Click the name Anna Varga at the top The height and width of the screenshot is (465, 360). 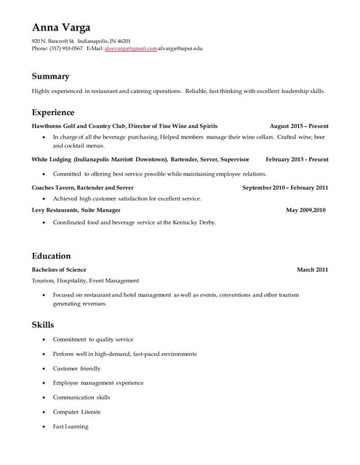pyautogui.click(x=61, y=28)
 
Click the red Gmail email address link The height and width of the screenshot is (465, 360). pyautogui.click(x=131, y=49)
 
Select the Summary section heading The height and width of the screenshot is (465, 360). pyautogui.click(x=50, y=76)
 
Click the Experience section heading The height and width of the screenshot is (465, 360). pyautogui.click(x=53, y=113)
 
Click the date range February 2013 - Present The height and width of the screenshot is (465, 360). pyautogui.click(x=297, y=159)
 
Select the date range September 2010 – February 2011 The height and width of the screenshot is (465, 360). pyautogui.click(x=284, y=187)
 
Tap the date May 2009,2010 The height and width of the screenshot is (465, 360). pyautogui.click(x=305, y=210)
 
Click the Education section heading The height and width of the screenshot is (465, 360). pyautogui.click(x=51, y=256)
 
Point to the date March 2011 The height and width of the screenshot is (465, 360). pyautogui.click(x=312, y=270)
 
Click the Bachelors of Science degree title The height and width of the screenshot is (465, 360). pyautogui.click(x=59, y=270)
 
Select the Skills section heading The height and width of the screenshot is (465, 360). pyautogui.click(x=43, y=325)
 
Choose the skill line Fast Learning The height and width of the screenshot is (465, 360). pyautogui.click(x=71, y=426)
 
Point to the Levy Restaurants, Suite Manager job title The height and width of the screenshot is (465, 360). pyautogui.click(x=76, y=210)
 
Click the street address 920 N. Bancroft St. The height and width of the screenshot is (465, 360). pyautogui.click(x=54, y=41)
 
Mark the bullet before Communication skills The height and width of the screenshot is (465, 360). pyautogui.click(x=44, y=398)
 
